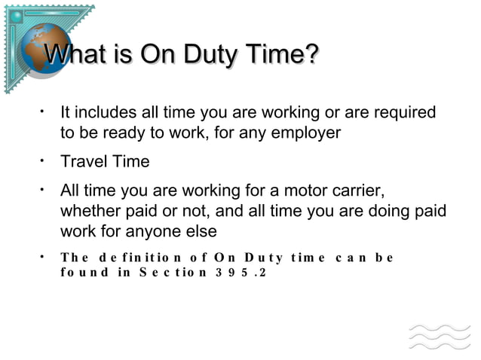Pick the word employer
[308, 133]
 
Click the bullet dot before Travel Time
[44, 159]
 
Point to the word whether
[90, 211]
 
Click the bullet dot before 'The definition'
[44, 255]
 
